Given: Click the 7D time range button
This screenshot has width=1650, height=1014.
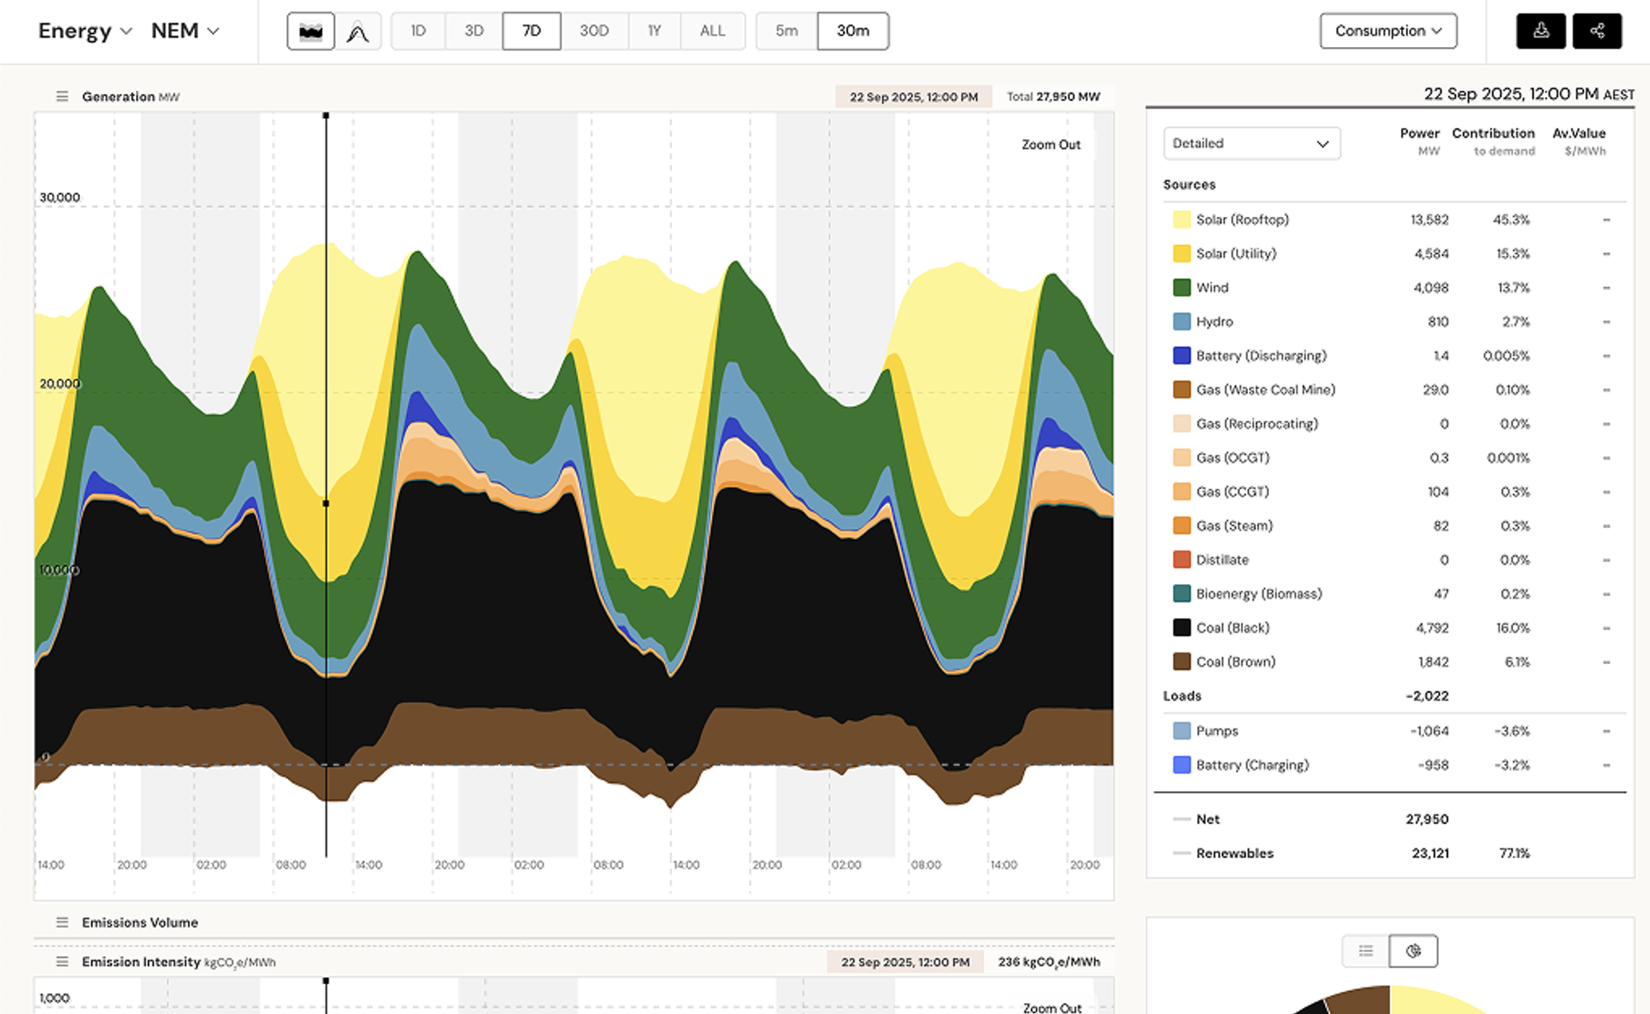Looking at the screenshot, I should pos(531,31).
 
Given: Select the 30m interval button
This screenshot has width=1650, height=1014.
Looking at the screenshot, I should pos(852,31).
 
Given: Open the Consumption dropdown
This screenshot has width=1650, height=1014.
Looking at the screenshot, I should pos(1388,31).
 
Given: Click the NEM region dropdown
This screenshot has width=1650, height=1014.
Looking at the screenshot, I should pos(185,31).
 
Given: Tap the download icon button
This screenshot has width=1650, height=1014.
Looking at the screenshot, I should pos(1540,31).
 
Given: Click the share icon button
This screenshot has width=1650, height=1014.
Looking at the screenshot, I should pos(1596,31).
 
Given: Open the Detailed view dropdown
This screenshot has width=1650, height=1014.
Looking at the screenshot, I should pos(1251,144).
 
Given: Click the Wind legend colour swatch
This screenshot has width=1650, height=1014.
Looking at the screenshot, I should pos(1181,287).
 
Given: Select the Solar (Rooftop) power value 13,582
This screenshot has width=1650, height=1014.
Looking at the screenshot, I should pos(1429,219).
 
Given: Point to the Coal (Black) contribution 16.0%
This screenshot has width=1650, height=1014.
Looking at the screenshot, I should pos(1512,628).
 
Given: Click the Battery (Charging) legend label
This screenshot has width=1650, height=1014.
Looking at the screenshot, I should pos(1252,765).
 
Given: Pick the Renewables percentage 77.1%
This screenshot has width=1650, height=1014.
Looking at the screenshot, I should pos(1514,853).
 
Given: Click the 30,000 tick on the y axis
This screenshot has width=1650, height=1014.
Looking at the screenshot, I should pos(60,197).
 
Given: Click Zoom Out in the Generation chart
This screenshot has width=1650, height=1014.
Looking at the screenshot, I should pos(1050,144).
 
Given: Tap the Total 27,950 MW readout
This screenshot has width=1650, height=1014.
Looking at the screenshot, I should pos(1053,97).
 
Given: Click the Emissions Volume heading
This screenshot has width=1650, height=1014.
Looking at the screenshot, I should pos(139,922).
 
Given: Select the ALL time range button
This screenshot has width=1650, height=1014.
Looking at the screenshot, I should pos(712,31).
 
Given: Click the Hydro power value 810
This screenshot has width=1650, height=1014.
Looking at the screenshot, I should pos(1438,322).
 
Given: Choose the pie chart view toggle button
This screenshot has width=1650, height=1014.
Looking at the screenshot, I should pos(1412,951).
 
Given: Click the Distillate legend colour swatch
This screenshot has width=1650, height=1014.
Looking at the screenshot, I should pos(1181,559).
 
